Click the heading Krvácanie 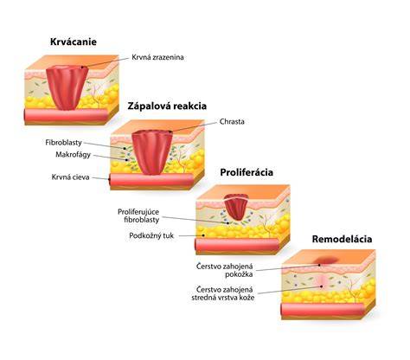(x=74, y=42)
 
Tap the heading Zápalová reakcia (x=167, y=106)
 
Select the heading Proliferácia (x=247, y=172)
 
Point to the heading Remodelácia (x=342, y=239)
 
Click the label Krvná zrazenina (x=157, y=57)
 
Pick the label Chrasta (x=232, y=121)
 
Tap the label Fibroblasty (x=64, y=143)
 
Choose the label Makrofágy (x=73, y=155)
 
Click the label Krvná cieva (x=70, y=177)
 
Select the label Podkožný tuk (x=151, y=235)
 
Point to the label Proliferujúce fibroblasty (x=138, y=215)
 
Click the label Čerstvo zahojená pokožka (x=225, y=270)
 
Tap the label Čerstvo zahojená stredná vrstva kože (x=223, y=293)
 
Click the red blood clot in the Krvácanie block (x=67, y=87)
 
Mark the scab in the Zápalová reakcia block (x=152, y=151)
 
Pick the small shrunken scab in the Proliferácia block (x=236, y=207)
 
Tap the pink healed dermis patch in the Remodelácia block (x=323, y=282)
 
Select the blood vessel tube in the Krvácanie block (x=66, y=115)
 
